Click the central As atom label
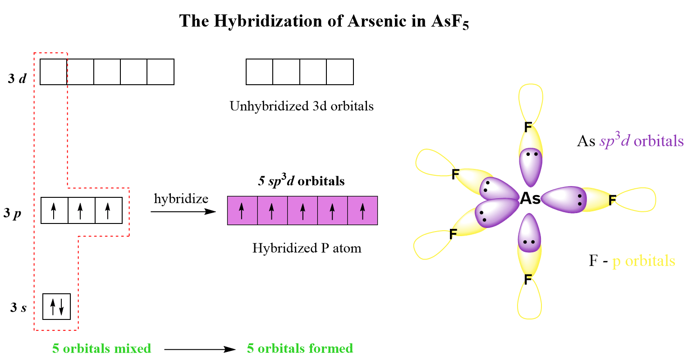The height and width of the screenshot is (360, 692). (x=530, y=198)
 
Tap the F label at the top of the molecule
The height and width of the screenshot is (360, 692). (x=528, y=128)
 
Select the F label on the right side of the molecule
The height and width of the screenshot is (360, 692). (x=612, y=200)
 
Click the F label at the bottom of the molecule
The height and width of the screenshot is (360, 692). (x=527, y=279)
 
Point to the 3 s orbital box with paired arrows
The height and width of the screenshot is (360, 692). (x=57, y=306)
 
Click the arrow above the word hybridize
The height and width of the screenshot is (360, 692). (x=183, y=211)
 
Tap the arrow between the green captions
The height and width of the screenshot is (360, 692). (x=200, y=349)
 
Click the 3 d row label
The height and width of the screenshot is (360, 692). (x=18, y=79)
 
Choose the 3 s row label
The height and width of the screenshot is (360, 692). (x=18, y=308)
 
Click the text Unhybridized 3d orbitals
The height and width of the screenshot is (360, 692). (x=302, y=106)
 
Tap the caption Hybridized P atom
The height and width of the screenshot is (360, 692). (x=307, y=248)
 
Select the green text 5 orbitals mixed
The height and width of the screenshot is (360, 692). (x=101, y=348)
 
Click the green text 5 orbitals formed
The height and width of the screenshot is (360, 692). (x=300, y=348)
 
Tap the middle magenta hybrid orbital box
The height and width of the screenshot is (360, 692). (x=302, y=210)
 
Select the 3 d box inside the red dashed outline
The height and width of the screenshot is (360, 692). (x=54, y=72)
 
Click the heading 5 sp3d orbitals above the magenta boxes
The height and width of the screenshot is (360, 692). (x=301, y=181)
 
